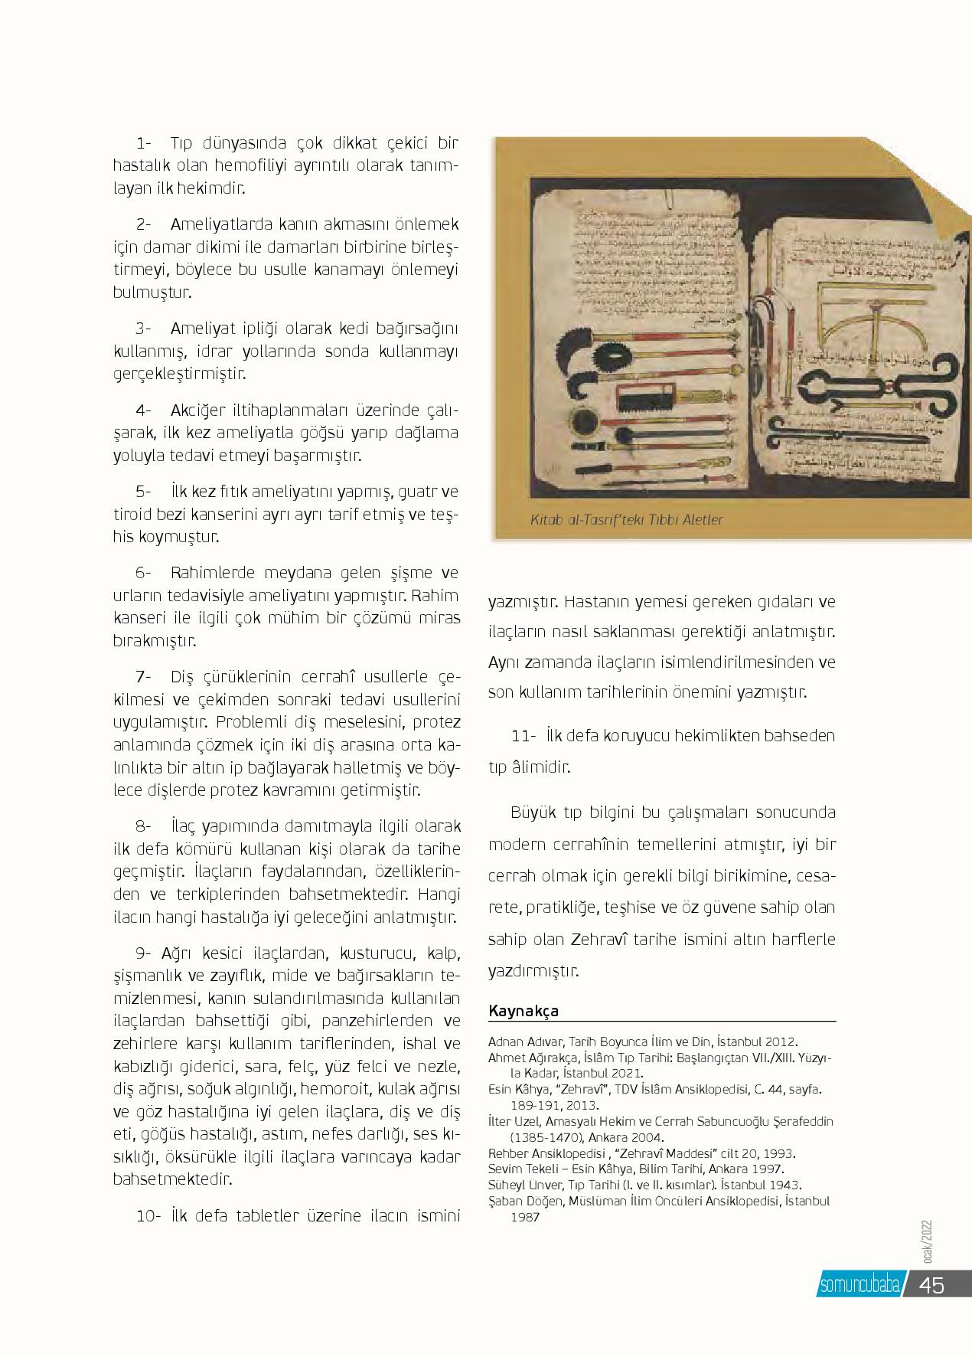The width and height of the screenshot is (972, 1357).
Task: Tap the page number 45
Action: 931,1285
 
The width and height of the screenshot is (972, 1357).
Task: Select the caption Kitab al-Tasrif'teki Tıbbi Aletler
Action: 626,520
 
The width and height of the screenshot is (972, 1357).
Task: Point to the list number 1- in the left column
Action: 144,143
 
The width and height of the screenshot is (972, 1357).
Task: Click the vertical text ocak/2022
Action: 928,1244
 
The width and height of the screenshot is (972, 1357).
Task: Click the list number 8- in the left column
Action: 144,826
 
